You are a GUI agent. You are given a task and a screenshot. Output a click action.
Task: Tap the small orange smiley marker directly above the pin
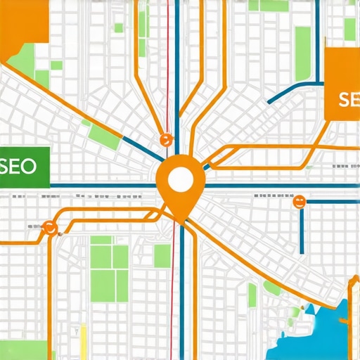[166, 139]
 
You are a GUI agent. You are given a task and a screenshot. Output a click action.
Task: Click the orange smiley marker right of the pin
[299, 202]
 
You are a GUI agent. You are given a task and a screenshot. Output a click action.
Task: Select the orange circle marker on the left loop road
[49, 226]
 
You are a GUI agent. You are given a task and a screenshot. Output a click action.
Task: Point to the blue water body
[330, 323]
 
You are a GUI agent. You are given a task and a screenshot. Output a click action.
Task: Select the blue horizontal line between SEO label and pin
[105, 186]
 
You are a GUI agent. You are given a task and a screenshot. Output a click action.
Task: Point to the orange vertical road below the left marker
[50, 295]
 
